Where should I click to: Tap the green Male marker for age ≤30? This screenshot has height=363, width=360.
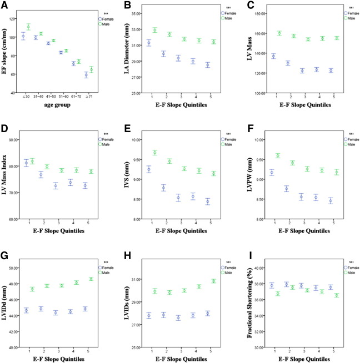tap(28, 27)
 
